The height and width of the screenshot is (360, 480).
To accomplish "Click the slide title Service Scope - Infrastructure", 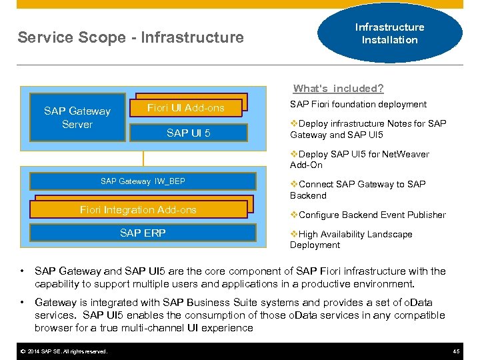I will [x=131, y=37].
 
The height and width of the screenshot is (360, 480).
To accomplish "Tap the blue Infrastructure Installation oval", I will [x=389, y=33].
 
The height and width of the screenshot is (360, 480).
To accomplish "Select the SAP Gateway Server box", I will [x=77, y=117].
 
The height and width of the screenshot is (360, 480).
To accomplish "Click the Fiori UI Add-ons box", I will [x=186, y=108].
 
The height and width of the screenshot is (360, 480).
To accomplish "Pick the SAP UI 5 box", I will [x=188, y=133].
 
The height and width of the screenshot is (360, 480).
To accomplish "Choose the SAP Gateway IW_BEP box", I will [x=143, y=181].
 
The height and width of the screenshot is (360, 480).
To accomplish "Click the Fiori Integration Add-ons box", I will [x=138, y=209].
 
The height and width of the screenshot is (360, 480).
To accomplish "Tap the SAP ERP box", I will [x=143, y=233].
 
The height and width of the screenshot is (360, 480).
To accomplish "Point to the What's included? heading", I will [x=338, y=89].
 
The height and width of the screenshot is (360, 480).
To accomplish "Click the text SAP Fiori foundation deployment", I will [x=358, y=104].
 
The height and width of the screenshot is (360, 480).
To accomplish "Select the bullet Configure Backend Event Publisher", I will [x=368, y=215].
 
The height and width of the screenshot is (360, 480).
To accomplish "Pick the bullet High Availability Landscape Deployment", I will [x=351, y=239].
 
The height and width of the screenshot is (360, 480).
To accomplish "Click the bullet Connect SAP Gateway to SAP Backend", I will [x=358, y=189].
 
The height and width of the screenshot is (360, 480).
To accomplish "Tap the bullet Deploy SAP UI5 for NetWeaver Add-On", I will [x=359, y=159].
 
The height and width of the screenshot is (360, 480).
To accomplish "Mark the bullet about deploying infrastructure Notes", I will [x=368, y=129].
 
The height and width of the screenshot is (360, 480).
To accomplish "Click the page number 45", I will [x=456, y=351].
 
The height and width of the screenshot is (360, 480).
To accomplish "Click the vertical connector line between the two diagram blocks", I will [x=143, y=161].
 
